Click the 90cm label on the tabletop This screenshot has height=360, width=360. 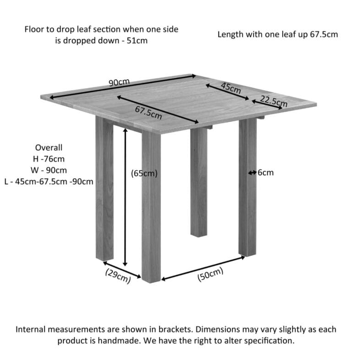point(119,82)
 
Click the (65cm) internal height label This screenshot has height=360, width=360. point(144,174)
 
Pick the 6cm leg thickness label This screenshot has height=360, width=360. point(266,173)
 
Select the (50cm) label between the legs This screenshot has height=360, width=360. point(210,276)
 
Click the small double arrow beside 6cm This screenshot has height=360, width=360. point(252,173)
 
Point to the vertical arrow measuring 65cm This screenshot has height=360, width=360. point(125,197)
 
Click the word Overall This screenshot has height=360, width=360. point(49,147)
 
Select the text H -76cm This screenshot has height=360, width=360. point(49,159)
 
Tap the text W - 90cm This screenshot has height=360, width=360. point(49,170)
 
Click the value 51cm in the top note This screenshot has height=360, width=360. point(137,41)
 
